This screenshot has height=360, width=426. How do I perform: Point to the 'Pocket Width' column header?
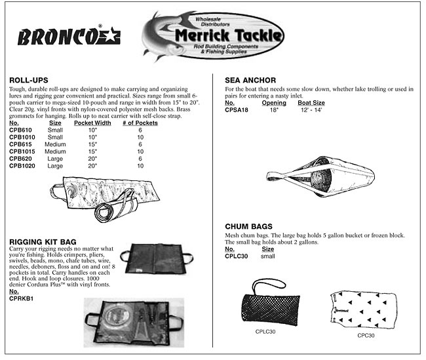pos(92,123)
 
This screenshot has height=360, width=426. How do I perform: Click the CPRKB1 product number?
pos(22,299)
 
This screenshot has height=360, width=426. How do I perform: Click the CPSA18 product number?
pos(237,110)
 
